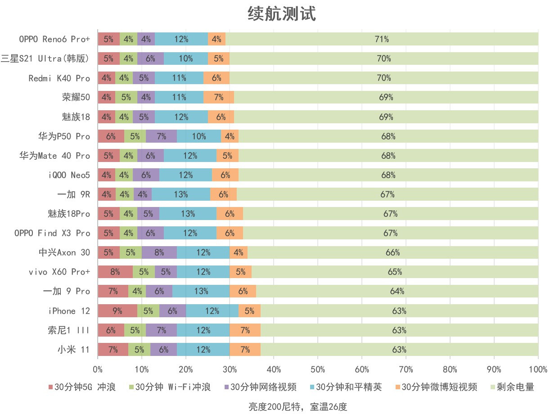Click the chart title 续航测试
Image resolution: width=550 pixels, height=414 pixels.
point(282,13)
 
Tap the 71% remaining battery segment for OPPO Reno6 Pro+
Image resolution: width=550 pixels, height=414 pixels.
point(382,39)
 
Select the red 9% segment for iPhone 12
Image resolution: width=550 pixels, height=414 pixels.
point(117,311)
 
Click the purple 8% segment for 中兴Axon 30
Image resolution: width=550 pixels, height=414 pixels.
point(159,252)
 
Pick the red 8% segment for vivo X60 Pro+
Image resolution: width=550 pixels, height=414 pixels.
point(115,272)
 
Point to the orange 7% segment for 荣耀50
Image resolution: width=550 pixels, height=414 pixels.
point(219,97)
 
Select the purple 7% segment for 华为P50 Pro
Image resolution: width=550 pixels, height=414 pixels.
point(161,136)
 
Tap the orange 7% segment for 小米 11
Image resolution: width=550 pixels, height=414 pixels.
point(245,350)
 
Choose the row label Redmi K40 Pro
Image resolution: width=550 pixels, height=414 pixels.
point(59,78)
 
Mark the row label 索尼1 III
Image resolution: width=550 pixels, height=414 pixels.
point(68,330)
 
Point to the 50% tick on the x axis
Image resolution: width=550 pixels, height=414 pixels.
point(318,369)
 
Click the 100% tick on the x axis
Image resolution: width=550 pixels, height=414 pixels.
point(537,369)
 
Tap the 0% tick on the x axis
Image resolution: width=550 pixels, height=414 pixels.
point(98,369)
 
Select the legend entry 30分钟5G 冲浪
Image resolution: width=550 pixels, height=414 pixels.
point(82,387)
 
